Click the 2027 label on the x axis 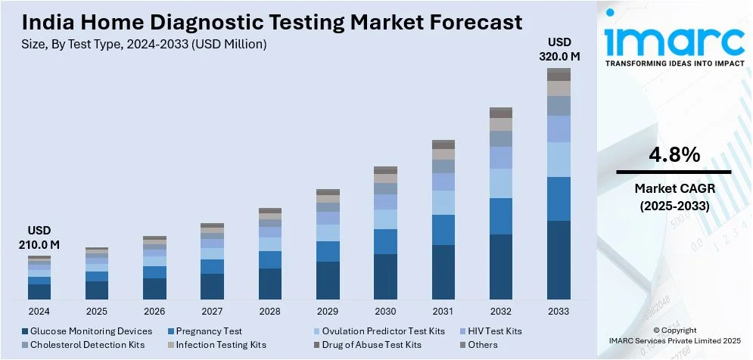point(212,311)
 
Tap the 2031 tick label point(443,311)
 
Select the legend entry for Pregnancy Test point(208,331)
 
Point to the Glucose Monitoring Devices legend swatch point(25,331)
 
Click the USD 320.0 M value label point(559,48)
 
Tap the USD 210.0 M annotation point(39,237)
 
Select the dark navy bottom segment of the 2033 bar point(559,260)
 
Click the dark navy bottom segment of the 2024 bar point(39,292)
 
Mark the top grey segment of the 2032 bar point(501,112)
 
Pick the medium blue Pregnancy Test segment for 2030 point(385,241)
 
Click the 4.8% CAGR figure point(674,155)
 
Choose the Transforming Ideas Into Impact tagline point(674,64)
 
